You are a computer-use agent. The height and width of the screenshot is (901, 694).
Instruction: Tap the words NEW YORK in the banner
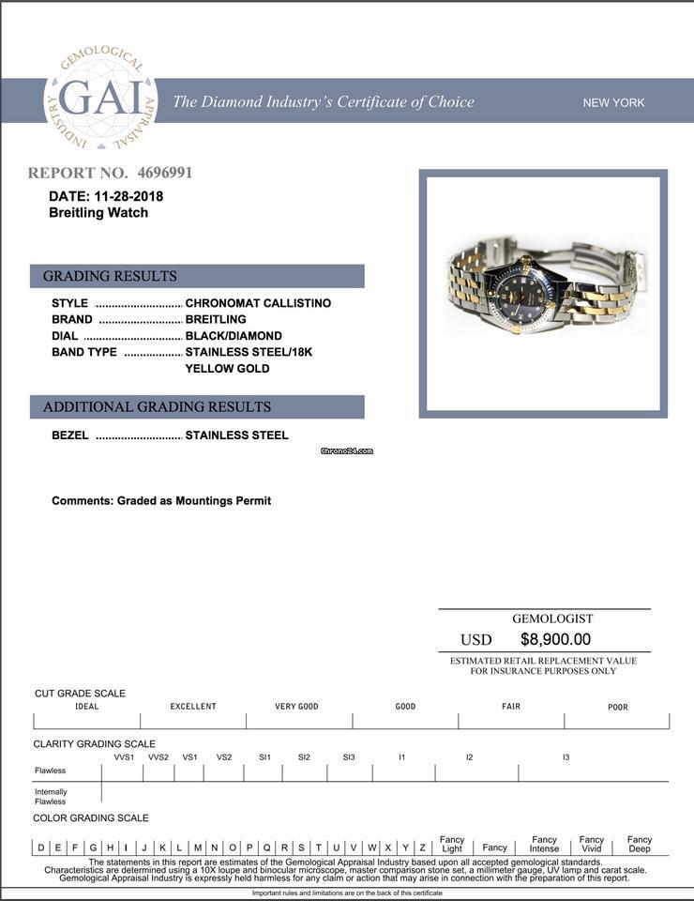(613, 102)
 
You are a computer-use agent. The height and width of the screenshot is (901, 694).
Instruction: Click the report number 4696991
(164, 173)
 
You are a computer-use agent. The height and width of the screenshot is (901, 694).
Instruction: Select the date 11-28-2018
(128, 196)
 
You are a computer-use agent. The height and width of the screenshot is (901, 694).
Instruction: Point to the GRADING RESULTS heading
(110, 276)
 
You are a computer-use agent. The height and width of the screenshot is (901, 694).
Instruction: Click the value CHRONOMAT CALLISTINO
(258, 303)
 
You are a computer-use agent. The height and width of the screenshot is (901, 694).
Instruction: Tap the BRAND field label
(71, 319)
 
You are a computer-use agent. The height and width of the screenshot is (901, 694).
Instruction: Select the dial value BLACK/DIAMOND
(234, 336)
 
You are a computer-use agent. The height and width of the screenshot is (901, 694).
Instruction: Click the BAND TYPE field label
(84, 352)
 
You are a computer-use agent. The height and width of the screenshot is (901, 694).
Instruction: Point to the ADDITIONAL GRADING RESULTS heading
(157, 406)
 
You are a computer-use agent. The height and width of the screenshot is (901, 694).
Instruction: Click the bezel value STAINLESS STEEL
(236, 435)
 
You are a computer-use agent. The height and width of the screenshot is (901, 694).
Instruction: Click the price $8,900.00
(555, 639)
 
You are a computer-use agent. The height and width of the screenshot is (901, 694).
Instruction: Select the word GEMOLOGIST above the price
(552, 618)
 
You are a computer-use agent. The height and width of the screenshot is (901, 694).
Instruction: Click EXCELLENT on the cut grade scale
(193, 707)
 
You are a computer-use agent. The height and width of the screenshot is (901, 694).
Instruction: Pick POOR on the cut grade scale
(617, 707)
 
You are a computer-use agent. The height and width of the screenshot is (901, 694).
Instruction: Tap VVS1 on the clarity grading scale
(124, 757)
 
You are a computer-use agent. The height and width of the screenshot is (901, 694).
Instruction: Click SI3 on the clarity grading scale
(349, 757)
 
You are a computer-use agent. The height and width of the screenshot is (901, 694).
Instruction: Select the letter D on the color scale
(40, 848)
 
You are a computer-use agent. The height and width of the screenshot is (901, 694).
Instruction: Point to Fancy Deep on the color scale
(640, 844)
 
